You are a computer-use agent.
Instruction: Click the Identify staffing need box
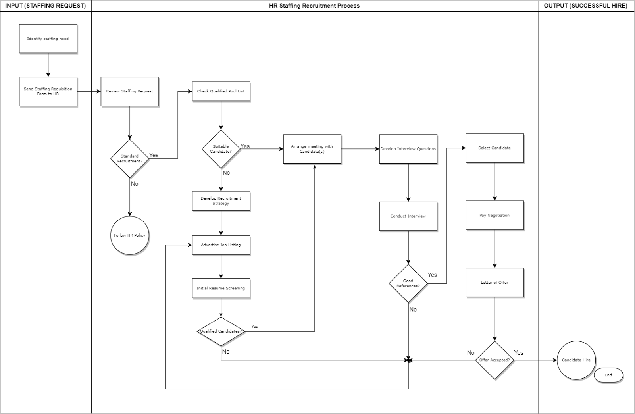pyautogui.click(x=48, y=39)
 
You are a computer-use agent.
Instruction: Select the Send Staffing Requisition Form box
pyautogui.click(x=48, y=91)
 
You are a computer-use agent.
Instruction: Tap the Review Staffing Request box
pyautogui.click(x=129, y=91)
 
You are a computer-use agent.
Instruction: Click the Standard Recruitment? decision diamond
pyautogui.click(x=129, y=158)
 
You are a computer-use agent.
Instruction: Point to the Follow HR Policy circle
pyautogui.click(x=129, y=235)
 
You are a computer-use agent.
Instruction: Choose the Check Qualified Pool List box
pyautogui.click(x=221, y=91)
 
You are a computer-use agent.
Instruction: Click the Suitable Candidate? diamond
pyautogui.click(x=221, y=149)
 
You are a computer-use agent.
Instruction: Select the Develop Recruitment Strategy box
pyautogui.click(x=221, y=201)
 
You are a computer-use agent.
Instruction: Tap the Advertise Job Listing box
pyautogui.click(x=221, y=245)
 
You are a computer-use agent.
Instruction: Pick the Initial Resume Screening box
pyautogui.click(x=221, y=288)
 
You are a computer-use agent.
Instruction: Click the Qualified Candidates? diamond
pyautogui.click(x=221, y=331)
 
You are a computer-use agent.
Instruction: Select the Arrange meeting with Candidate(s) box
pyautogui.click(x=312, y=149)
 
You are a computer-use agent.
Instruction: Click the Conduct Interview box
pyautogui.click(x=408, y=216)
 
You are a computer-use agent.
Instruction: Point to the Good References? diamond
pyautogui.click(x=408, y=283)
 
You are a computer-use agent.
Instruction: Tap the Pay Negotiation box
pyautogui.click(x=495, y=215)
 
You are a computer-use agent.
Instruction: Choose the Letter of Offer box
pyautogui.click(x=495, y=282)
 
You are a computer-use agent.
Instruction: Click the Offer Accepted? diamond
pyautogui.click(x=495, y=360)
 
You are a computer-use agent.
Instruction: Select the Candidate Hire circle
pyautogui.click(x=576, y=360)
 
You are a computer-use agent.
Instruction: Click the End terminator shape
pyautogui.click(x=608, y=375)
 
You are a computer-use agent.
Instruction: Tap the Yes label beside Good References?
pyautogui.click(x=432, y=275)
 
